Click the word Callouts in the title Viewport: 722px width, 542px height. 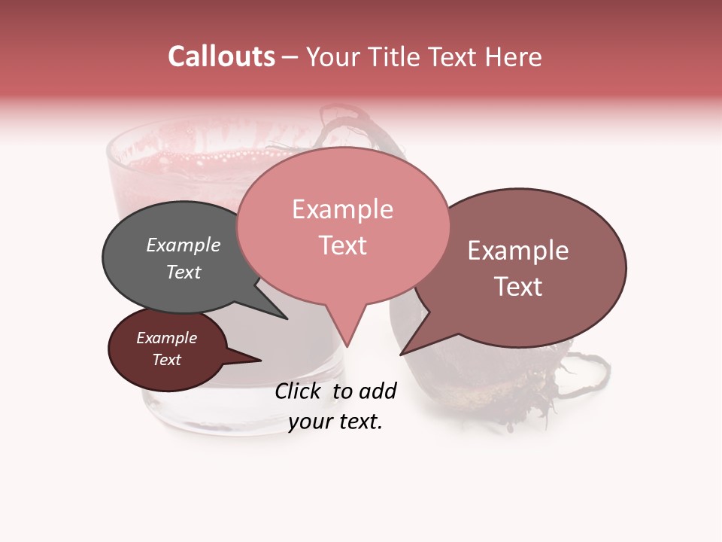click(x=221, y=57)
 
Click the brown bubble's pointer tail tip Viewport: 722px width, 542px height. click(x=401, y=354)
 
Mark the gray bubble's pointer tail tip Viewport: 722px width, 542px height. click(x=287, y=318)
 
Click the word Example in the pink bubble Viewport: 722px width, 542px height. click(x=342, y=210)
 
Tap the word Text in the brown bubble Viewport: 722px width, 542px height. click(x=518, y=287)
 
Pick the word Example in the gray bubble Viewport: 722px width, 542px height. click(x=184, y=245)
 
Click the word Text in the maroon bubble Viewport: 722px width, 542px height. click(x=167, y=360)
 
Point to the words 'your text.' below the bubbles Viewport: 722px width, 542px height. click(x=335, y=422)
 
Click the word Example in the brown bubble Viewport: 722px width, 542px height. click(x=518, y=251)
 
